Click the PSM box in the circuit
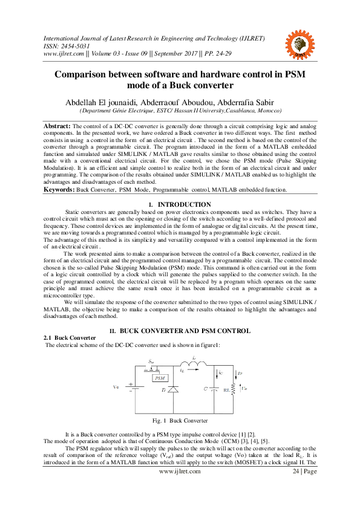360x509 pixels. (159, 377)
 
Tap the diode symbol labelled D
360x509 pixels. (173, 392)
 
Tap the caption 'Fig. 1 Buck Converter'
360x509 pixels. (180, 420)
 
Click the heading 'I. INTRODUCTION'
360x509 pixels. (180, 205)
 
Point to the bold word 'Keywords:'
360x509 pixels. (58, 190)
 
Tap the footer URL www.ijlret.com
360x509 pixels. (179, 472)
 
